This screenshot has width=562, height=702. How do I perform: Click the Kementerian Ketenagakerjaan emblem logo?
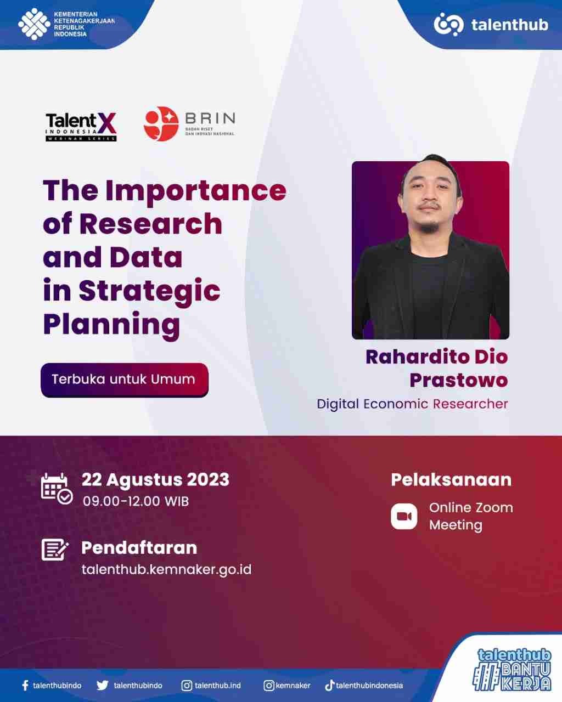tap(34, 24)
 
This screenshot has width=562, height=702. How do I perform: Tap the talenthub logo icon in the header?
tap(448, 25)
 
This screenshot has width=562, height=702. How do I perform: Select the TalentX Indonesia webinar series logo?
tap(81, 127)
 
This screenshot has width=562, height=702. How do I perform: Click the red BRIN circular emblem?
tap(161, 123)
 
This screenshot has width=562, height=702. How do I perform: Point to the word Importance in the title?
tap(195, 190)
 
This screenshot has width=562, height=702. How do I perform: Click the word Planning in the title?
tap(111, 324)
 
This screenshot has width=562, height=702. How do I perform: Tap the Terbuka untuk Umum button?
tap(124, 380)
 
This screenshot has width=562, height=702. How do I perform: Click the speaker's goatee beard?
tap(429, 224)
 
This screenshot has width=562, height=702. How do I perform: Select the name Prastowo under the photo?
tap(458, 380)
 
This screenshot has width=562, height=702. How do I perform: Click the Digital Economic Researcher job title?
tap(412, 404)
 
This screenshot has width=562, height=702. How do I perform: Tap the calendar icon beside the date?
tap(57, 488)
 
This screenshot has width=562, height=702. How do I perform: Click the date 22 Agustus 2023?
tap(155, 480)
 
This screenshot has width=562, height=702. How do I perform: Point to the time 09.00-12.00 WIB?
tap(136, 501)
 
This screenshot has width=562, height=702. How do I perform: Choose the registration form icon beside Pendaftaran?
tap(55, 549)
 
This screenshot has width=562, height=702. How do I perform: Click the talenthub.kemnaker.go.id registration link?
tap(166, 569)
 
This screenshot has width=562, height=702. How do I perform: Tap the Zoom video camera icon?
tap(404, 517)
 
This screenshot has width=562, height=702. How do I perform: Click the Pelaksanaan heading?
tap(451, 480)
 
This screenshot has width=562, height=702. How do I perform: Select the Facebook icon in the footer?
tap(25, 686)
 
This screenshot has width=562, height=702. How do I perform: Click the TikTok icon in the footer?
tap(329, 685)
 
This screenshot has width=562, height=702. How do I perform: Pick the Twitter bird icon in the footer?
tap(103, 686)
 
